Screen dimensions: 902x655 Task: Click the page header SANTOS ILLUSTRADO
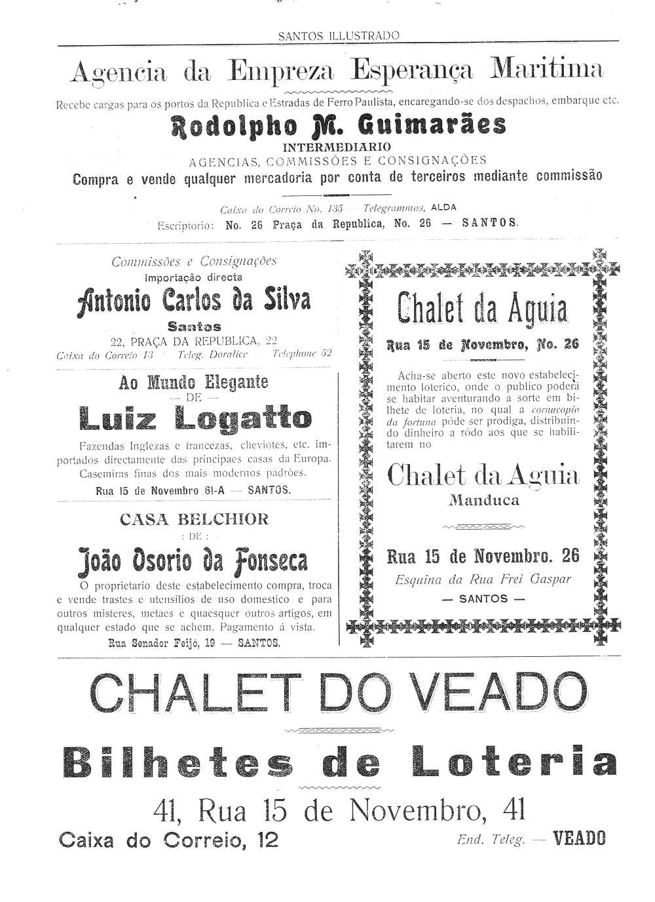click(339, 36)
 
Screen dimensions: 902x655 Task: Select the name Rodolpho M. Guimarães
click(339, 124)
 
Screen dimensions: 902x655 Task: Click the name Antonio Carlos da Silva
click(193, 301)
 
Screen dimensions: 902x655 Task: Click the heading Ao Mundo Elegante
click(193, 382)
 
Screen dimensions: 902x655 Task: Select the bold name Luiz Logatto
click(195, 418)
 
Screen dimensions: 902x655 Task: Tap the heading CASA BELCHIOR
click(194, 519)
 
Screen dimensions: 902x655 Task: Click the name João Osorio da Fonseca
click(193, 560)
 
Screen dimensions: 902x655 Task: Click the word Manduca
click(483, 501)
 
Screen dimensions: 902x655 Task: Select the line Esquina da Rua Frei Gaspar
click(483, 579)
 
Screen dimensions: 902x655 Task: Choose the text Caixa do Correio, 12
click(168, 840)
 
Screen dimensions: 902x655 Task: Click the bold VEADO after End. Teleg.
click(579, 838)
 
